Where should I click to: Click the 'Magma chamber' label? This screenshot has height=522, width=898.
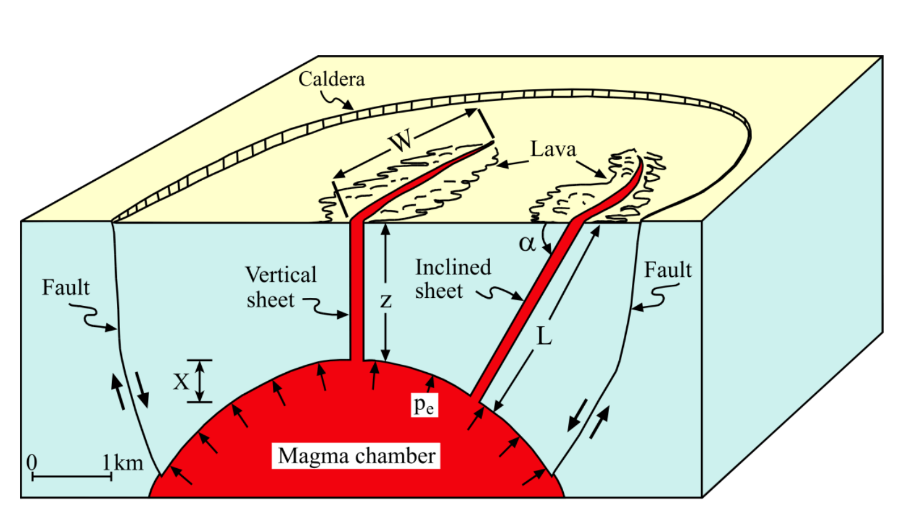[x=357, y=456]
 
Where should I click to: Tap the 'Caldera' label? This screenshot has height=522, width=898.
[x=332, y=79]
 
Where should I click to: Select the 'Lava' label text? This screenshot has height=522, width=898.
[x=553, y=149]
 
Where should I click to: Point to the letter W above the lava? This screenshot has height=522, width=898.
[x=402, y=141]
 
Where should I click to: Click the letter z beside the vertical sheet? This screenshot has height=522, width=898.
[x=386, y=301]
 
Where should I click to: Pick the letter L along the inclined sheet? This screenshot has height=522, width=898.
[x=543, y=337]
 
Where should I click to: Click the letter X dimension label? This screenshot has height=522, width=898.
[x=181, y=381]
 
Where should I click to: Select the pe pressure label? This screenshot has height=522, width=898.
[x=424, y=405]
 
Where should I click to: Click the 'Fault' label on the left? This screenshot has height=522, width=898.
[x=66, y=287]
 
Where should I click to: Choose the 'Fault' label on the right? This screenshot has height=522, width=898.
[x=668, y=270]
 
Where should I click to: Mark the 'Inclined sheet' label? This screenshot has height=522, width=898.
[x=452, y=279]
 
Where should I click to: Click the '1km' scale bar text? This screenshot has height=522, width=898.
[x=123, y=463]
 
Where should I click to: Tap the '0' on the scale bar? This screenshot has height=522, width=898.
[x=32, y=463]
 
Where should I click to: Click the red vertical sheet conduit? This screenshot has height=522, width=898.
[x=356, y=291]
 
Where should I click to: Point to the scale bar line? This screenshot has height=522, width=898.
[x=72, y=477]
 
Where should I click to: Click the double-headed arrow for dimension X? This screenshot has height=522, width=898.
[x=199, y=381]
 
